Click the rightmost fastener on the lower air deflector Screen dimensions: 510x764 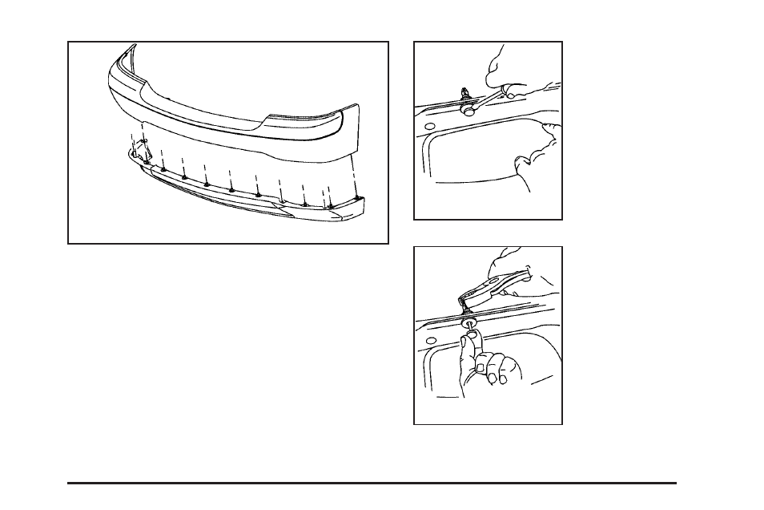[355, 196]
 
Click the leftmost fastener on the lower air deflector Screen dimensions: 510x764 [147, 161]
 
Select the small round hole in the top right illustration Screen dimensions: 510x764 [428, 127]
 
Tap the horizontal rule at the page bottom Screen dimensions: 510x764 [372, 483]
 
